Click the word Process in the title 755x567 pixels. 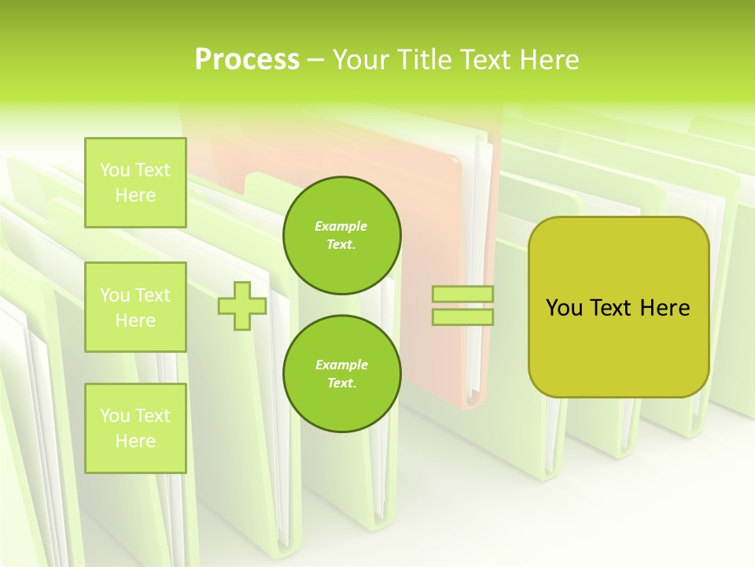[x=247, y=60]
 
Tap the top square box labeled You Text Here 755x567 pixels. [x=135, y=183]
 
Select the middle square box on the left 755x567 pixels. [x=135, y=307]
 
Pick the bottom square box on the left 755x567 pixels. [x=135, y=428]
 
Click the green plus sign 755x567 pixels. [x=242, y=306]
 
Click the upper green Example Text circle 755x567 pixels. [x=341, y=235]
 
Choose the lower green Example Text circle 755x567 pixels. [x=341, y=374]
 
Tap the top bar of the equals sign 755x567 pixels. [x=463, y=295]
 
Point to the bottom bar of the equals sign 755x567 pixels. [x=463, y=317]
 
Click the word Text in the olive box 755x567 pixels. [x=614, y=308]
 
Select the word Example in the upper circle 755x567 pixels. [x=341, y=227]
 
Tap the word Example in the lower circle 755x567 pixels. [x=341, y=365]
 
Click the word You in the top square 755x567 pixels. [x=114, y=170]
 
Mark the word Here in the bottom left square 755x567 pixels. [x=135, y=441]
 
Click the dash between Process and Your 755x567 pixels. [x=315, y=60]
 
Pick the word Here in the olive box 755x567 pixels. [x=665, y=308]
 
